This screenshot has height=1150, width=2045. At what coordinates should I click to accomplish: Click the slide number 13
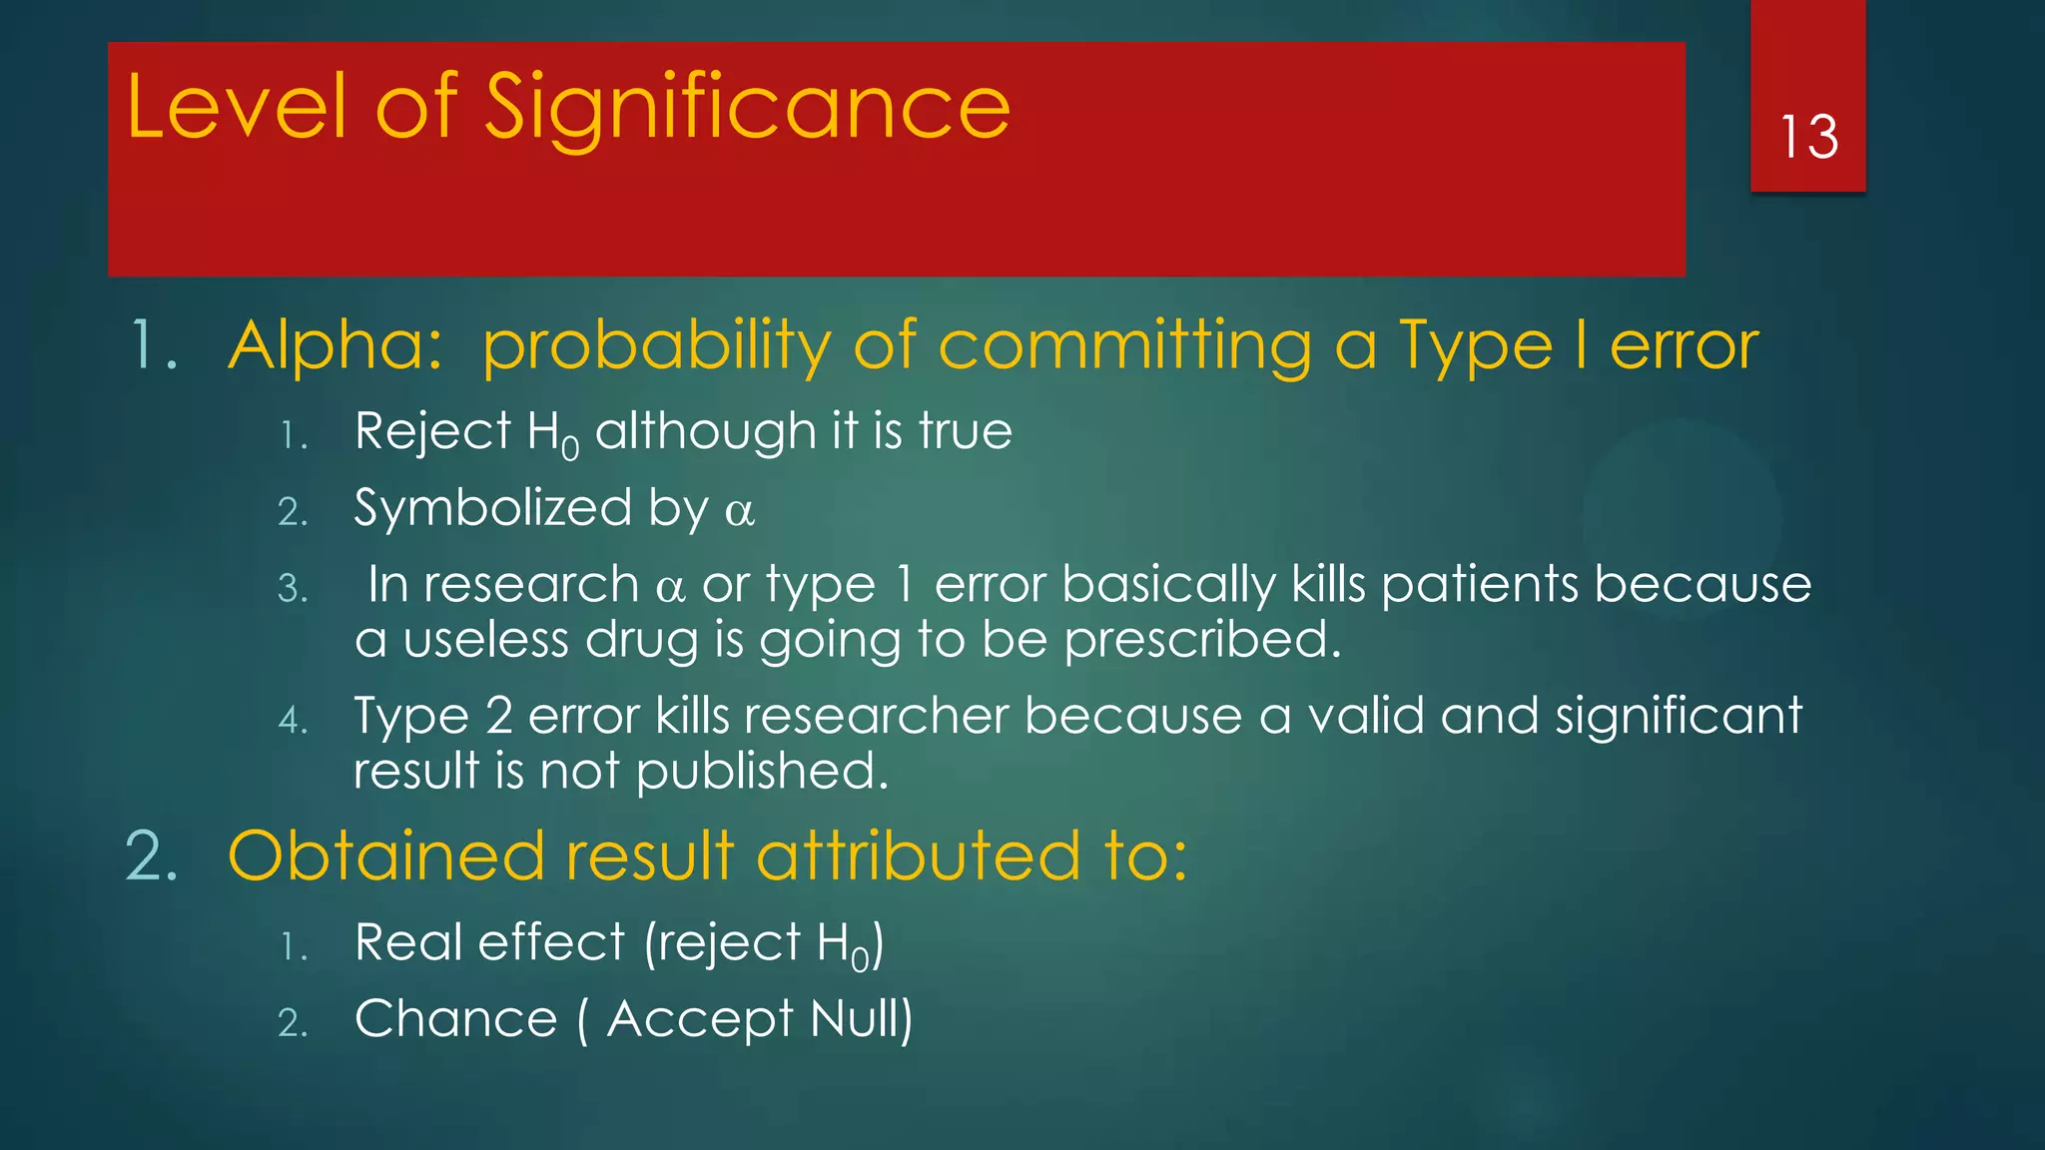[x=1808, y=138]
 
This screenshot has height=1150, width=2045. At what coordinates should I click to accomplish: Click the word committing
[x=1124, y=346]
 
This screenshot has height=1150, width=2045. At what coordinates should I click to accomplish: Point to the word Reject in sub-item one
[x=432, y=432]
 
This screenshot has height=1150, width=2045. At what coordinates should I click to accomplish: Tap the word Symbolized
[x=492, y=509]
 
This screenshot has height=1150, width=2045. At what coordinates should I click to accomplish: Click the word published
[x=761, y=772]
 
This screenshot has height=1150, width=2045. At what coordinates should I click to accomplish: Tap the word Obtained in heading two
[x=385, y=857]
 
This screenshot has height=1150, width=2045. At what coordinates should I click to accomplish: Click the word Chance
[x=455, y=1019]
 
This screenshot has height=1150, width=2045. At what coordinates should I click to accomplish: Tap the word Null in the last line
[x=860, y=1019]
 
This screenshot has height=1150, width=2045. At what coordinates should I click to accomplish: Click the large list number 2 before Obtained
[x=152, y=857]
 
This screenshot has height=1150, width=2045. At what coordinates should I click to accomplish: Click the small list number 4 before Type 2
[x=292, y=720]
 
